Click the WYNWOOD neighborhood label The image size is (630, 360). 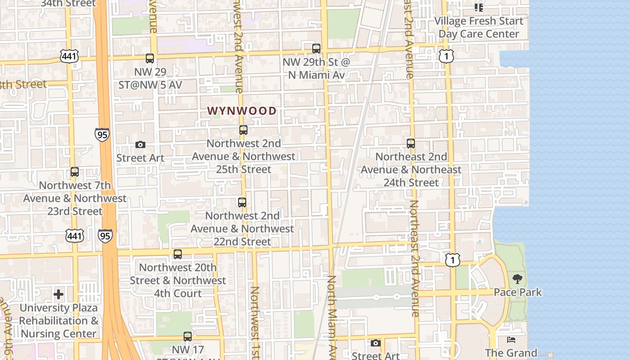(242, 111)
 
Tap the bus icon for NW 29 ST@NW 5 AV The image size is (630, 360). (150, 58)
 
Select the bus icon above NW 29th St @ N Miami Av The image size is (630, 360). (316, 49)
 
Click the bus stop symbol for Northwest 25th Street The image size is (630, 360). (243, 130)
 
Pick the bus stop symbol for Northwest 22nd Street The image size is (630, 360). (242, 202)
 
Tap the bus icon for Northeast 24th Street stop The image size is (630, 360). (411, 144)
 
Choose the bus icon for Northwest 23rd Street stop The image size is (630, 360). (75, 172)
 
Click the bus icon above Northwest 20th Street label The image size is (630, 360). (178, 254)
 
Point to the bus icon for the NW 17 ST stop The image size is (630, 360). (188, 336)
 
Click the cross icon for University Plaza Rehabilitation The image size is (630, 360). (58, 295)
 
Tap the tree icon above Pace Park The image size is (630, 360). (517, 279)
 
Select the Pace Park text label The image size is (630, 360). (517, 292)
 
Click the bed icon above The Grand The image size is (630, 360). (511, 340)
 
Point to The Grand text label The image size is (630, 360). (511, 353)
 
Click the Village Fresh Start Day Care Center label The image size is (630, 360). (478, 27)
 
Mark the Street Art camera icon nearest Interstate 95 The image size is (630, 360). (140, 145)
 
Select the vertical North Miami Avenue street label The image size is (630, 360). (332, 317)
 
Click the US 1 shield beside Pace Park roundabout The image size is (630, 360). (453, 260)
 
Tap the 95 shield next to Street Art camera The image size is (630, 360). (102, 135)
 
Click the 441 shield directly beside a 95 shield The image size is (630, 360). (74, 235)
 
